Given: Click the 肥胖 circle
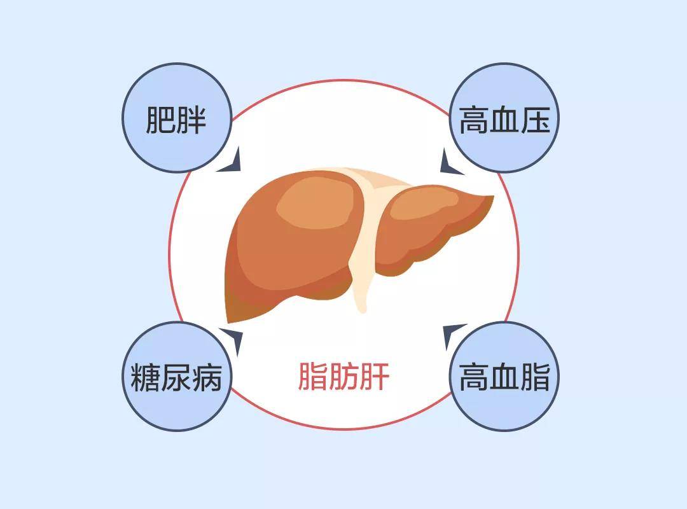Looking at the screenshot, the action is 177,118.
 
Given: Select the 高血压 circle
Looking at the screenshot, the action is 504,118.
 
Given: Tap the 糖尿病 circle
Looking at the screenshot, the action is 177,376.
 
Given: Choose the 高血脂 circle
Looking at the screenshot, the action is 504,376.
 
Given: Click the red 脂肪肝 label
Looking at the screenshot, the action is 343,376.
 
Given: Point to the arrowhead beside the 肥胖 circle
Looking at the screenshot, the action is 232,162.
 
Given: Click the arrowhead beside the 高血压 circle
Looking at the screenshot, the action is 449,163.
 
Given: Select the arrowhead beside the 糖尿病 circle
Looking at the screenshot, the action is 233,338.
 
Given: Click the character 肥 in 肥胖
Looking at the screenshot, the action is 160,119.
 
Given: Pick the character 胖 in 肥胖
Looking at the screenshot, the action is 191,119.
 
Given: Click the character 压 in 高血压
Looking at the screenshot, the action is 536,119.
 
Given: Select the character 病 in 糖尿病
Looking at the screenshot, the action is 207,377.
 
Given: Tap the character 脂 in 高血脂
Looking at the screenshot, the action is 536,377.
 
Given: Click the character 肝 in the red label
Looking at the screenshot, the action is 375,376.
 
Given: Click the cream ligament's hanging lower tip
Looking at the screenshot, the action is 362,311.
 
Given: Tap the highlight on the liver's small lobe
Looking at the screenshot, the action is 423,204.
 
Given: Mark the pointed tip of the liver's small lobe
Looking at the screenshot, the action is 494,197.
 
